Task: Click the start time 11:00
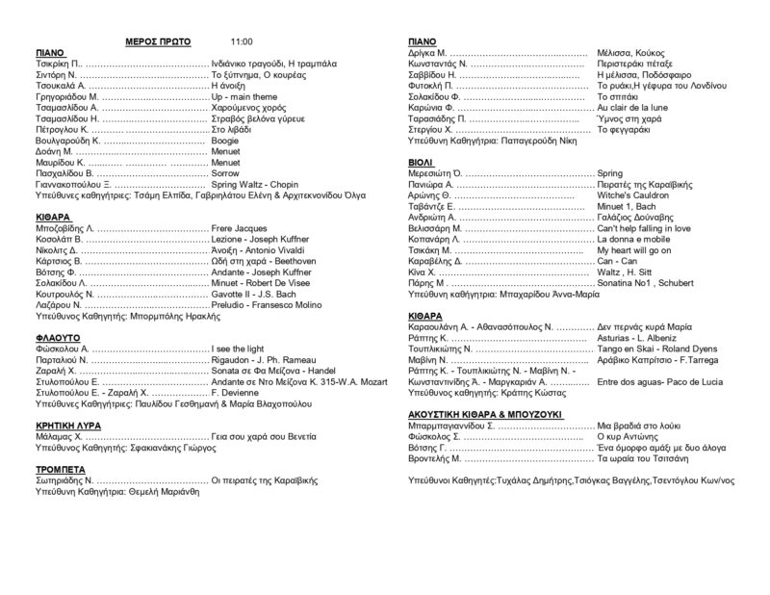point(242,42)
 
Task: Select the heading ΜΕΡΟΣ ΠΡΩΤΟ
point(159,42)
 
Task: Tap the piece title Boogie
point(224,141)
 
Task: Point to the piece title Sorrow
point(224,173)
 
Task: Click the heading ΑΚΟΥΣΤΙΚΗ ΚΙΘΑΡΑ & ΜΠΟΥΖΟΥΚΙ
point(499,414)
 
